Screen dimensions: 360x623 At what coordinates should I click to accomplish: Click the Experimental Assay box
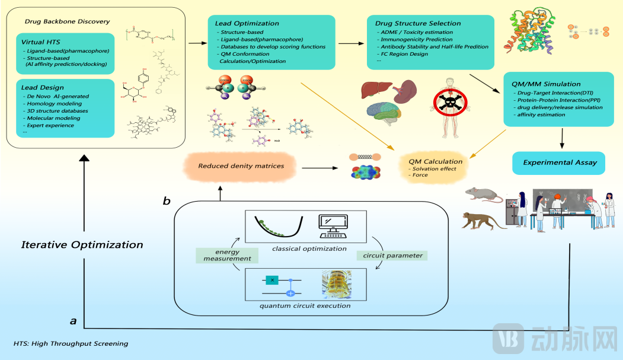coord(560,162)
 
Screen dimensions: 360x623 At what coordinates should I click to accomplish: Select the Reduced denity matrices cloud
coord(239,166)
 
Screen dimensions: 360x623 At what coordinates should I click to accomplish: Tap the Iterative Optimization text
coord(82,244)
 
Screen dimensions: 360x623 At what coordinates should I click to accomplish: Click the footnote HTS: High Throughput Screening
coord(71,343)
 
